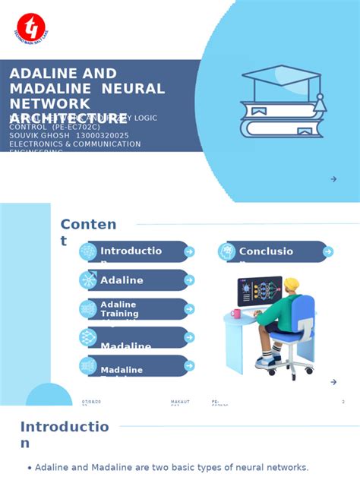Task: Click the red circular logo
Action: (31, 27)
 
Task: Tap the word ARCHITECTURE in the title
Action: (68, 118)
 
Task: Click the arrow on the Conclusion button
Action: (327, 252)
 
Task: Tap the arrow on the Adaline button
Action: (189, 280)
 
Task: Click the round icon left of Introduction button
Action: (88, 252)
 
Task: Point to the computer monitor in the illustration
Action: (259, 291)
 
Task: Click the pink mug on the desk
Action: (236, 314)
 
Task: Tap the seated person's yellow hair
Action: (292, 285)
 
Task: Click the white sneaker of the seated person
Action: (267, 362)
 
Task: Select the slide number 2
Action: (343, 402)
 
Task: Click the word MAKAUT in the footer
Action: (180, 402)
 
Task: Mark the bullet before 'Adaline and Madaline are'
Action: (30, 468)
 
